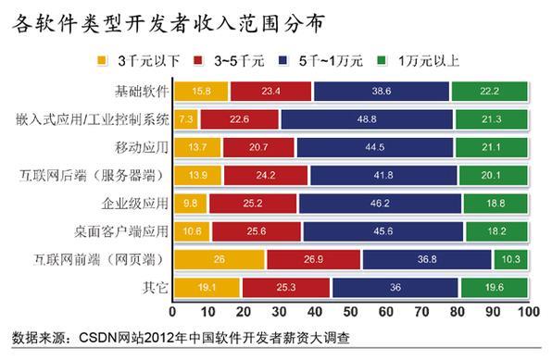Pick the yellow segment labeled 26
click(219, 260)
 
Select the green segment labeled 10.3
click(510, 260)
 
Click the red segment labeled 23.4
click(271, 91)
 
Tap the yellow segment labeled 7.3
click(186, 119)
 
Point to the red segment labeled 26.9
click(314, 260)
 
